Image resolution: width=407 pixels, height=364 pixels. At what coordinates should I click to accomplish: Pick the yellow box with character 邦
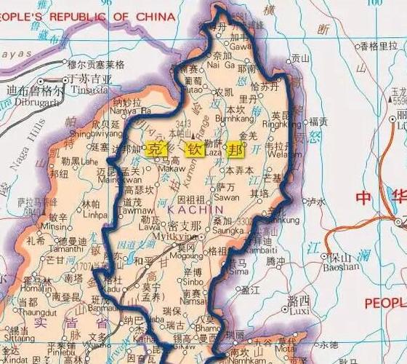(x=235, y=150)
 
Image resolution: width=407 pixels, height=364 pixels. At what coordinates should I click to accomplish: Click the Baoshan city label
(x=344, y=266)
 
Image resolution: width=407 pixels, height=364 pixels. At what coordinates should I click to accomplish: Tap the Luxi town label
(x=298, y=311)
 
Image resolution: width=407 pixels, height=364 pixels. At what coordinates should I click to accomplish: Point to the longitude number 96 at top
(x=108, y=4)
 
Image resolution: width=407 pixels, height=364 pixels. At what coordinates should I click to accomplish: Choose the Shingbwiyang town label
(x=92, y=133)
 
